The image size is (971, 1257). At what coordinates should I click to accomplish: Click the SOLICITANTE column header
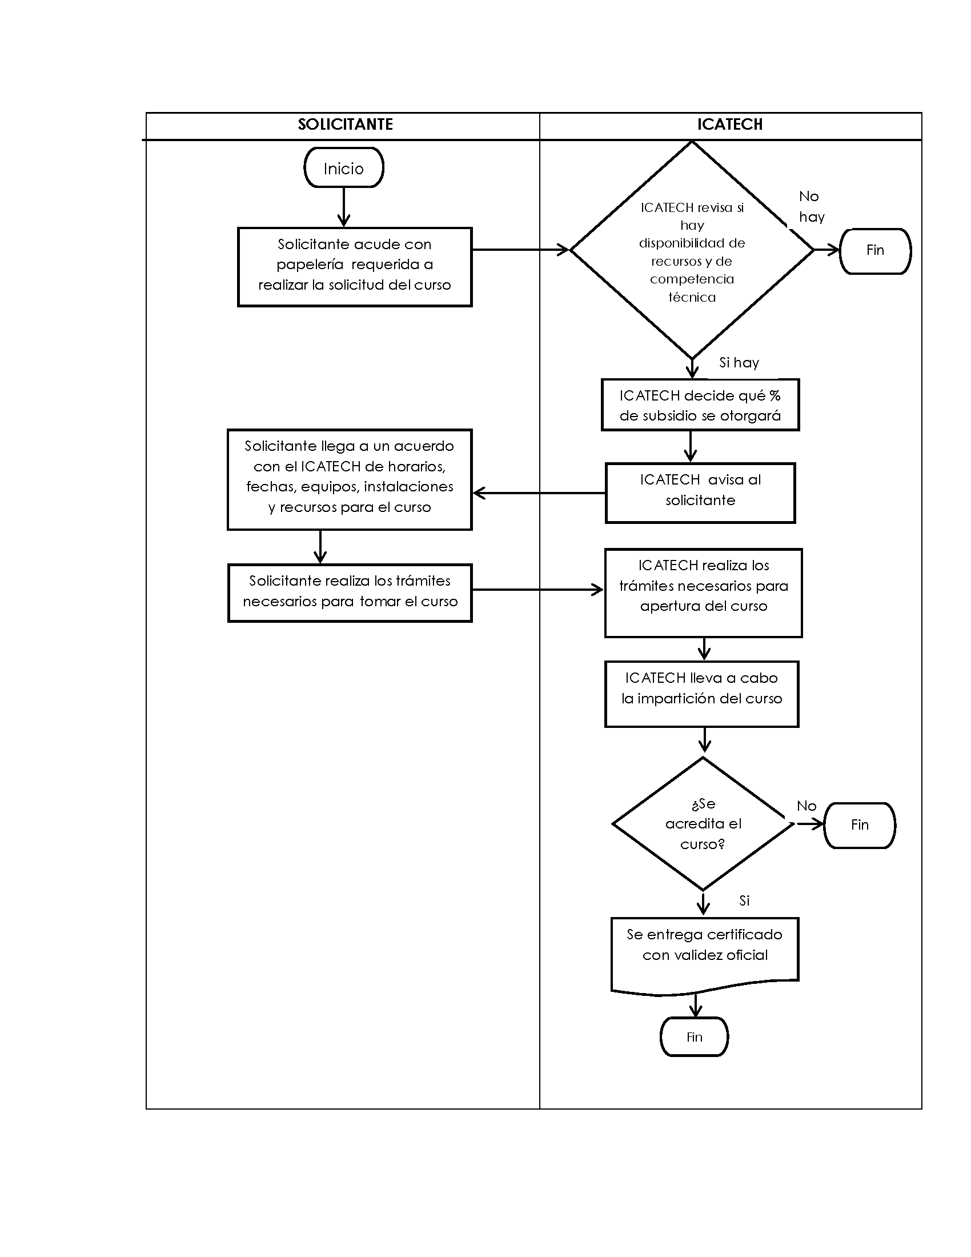(x=345, y=125)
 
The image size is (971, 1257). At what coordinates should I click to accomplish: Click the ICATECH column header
(x=730, y=125)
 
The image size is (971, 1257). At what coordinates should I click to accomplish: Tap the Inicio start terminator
(x=343, y=167)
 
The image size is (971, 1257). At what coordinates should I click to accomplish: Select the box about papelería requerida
(x=354, y=267)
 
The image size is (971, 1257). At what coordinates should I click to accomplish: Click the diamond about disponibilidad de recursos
(x=692, y=250)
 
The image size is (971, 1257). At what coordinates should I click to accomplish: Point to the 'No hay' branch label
(x=811, y=207)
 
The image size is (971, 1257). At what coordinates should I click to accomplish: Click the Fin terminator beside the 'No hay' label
(x=875, y=251)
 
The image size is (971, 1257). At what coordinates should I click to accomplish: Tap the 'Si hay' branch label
(x=739, y=363)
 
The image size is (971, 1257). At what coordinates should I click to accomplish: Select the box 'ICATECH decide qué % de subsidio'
(x=700, y=405)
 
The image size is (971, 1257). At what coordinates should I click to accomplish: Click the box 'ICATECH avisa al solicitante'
(x=700, y=493)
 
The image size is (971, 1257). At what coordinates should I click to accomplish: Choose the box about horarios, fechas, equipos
(x=349, y=479)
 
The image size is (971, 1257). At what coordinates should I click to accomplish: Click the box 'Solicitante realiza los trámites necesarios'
(x=350, y=593)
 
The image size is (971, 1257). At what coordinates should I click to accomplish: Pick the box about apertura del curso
(x=703, y=594)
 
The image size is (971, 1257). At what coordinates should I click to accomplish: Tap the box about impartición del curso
(x=701, y=694)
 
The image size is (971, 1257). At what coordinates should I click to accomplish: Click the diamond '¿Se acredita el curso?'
(x=703, y=823)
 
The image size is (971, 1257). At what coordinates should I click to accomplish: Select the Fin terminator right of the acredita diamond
(x=860, y=826)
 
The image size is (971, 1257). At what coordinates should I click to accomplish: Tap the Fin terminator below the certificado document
(x=695, y=1036)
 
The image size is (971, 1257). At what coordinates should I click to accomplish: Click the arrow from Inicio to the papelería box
(x=343, y=207)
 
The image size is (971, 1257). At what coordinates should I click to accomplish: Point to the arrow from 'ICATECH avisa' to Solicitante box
(x=539, y=493)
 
